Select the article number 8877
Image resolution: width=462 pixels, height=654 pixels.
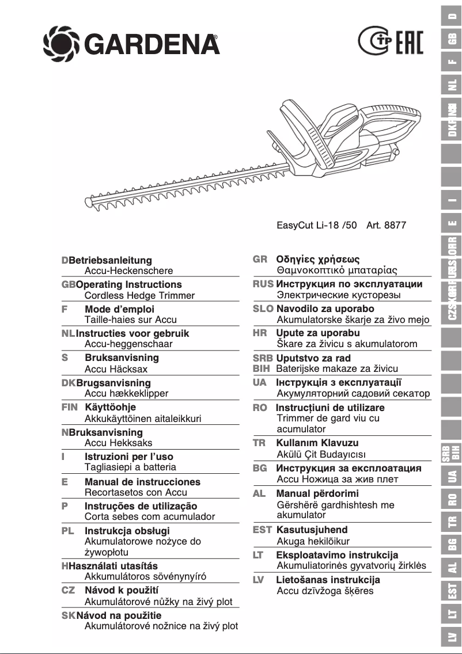tap(395, 225)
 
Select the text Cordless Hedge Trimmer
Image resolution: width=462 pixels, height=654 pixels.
tap(139, 295)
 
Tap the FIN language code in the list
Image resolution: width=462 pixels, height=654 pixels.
tap(69, 408)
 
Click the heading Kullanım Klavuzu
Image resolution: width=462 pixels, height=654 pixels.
tap(317, 443)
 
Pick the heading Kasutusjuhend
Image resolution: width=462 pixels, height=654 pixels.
tap(312, 530)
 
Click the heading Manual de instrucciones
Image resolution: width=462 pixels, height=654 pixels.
tap(142, 482)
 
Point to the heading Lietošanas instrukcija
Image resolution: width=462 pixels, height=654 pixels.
tap(328, 580)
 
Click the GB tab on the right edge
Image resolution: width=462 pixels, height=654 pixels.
tap(452, 39)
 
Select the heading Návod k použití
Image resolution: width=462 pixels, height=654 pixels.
tap(122, 590)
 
